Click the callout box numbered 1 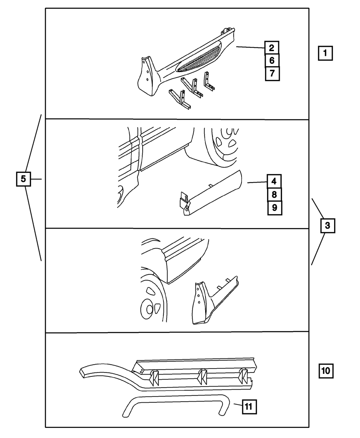[x=325, y=54]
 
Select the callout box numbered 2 [x=272, y=48]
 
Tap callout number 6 [x=272, y=61]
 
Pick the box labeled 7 [x=272, y=73]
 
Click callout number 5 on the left [x=23, y=179]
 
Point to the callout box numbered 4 [x=274, y=182]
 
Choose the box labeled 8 [x=274, y=195]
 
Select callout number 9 [x=274, y=208]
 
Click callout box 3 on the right [x=327, y=226]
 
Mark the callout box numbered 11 [x=249, y=407]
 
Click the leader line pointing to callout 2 [x=250, y=47]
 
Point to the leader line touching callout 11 [x=237, y=406]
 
